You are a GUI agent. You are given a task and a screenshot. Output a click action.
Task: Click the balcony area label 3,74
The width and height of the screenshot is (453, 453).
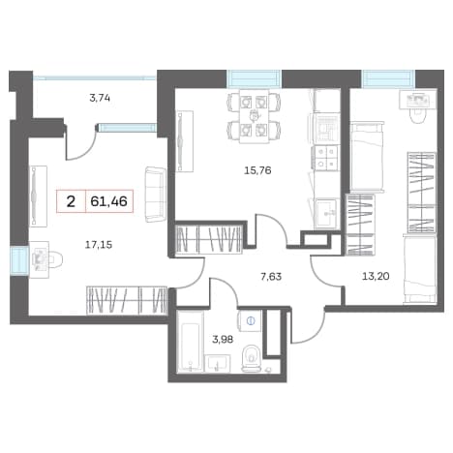pyautogui.click(x=100, y=98)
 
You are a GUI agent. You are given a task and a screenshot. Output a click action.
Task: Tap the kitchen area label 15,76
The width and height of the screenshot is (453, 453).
pyautogui.click(x=257, y=170)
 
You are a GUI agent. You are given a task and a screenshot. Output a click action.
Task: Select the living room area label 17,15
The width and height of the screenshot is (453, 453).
pyautogui.click(x=99, y=245)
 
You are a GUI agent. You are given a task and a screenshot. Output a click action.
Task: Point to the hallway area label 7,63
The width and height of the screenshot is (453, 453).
pyautogui.click(x=271, y=277)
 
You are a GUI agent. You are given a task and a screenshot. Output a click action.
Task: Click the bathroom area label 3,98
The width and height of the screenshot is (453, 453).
pyautogui.click(x=223, y=339)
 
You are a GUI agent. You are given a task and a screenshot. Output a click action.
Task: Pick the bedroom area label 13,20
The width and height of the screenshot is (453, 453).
pyautogui.click(x=376, y=276)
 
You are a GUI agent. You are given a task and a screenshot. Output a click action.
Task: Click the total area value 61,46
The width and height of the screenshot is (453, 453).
pyautogui.click(x=109, y=201)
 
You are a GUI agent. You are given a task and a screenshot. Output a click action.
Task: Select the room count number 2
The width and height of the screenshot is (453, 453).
pyautogui.click(x=71, y=201)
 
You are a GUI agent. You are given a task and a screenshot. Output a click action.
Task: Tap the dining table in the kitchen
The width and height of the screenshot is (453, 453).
pyautogui.click(x=255, y=116)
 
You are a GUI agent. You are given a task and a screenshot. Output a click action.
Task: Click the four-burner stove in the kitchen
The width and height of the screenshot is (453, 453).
pyautogui.click(x=325, y=158)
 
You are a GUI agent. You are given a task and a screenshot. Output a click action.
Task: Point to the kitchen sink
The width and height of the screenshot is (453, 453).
pyautogui.click(x=326, y=213)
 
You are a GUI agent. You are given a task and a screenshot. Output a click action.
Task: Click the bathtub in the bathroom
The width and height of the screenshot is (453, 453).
pyautogui.click(x=191, y=342)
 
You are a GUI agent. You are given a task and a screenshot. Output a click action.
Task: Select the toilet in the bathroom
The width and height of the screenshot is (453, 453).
pyautogui.click(x=252, y=359)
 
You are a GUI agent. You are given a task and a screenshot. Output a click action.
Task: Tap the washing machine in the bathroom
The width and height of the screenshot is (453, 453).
pyautogui.click(x=251, y=320)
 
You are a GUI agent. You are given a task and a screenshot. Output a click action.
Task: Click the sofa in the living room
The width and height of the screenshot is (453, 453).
pyautogui.click(x=156, y=194)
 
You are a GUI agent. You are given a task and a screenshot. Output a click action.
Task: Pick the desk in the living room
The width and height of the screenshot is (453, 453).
pyautogui.click(x=39, y=259)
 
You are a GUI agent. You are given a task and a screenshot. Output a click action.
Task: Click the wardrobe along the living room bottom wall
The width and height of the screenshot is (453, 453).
pyautogui.click(x=127, y=300)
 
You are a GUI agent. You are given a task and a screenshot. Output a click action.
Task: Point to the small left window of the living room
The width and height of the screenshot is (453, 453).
pyautogui.click(x=18, y=261)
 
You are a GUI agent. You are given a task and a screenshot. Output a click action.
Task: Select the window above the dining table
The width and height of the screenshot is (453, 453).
pyautogui.click(x=254, y=79)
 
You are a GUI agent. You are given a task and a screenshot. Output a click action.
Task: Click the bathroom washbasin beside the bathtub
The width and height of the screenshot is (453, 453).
pyautogui.click(x=218, y=364)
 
